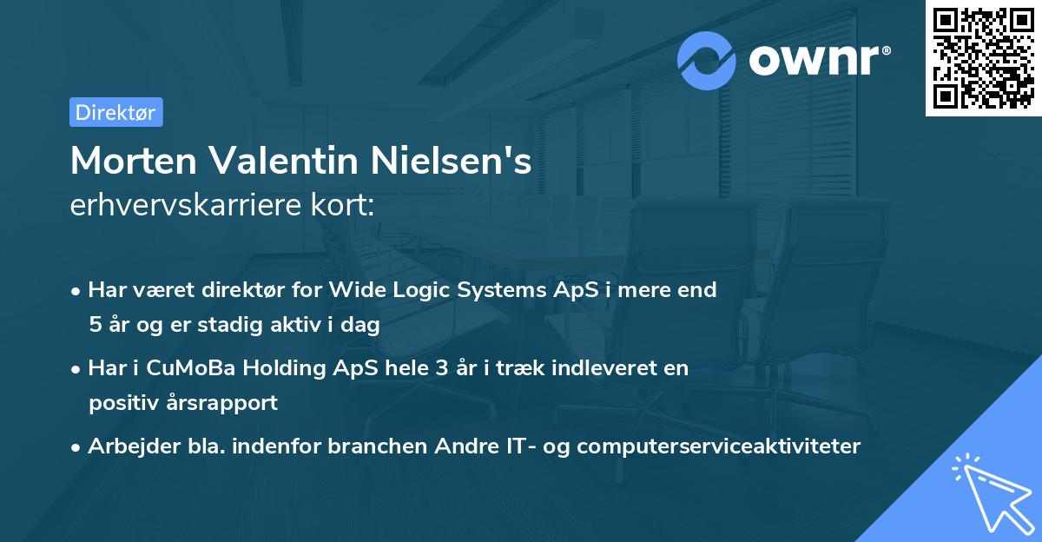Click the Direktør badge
(x=115, y=112)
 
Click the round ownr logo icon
(x=707, y=60)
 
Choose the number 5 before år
(x=94, y=325)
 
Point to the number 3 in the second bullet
(x=441, y=368)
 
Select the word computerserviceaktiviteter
(x=718, y=446)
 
